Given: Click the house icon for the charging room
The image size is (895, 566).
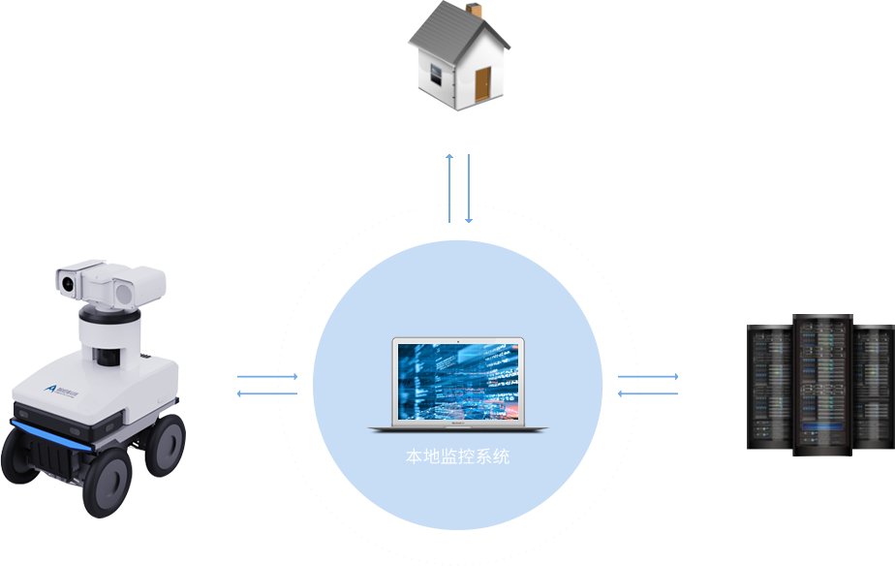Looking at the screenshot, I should (457, 58).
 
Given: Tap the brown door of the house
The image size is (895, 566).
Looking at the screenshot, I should (482, 85).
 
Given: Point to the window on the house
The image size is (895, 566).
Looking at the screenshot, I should (436, 76).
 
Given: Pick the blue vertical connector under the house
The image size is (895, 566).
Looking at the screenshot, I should (459, 188).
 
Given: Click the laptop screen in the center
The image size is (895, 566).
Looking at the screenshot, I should (457, 380).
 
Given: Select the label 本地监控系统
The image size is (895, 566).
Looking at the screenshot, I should (457, 456).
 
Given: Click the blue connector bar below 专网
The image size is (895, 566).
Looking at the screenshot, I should (648, 386).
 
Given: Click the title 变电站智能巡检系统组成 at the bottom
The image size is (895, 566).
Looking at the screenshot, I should (458, 556).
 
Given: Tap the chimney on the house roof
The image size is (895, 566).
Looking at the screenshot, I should (488, 11).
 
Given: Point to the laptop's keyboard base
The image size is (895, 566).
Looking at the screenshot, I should (457, 426).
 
